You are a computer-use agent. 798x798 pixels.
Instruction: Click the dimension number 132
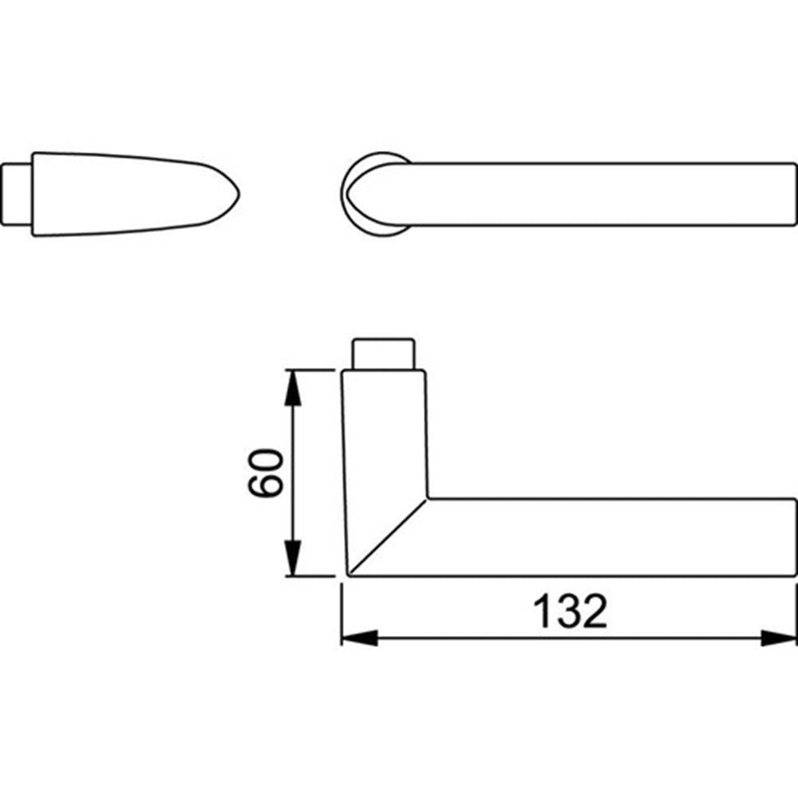pyautogui.click(x=570, y=610)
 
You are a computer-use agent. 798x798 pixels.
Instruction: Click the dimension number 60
pyautogui.click(x=265, y=472)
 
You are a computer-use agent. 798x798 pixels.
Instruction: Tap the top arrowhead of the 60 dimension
pyautogui.click(x=292, y=388)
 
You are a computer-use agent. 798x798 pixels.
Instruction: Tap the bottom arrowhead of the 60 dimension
pyautogui.click(x=292, y=559)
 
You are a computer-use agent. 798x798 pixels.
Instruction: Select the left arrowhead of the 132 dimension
pyautogui.click(x=359, y=638)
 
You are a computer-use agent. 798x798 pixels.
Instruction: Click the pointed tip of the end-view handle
pyautogui.click(x=239, y=194)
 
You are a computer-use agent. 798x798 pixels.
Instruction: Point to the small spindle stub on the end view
pyautogui.click(x=17, y=194)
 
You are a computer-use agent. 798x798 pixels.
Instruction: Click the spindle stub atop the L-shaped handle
pyautogui.click(x=384, y=354)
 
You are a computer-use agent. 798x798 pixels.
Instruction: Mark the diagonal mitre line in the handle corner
pyautogui.click(x=388, y=537)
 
